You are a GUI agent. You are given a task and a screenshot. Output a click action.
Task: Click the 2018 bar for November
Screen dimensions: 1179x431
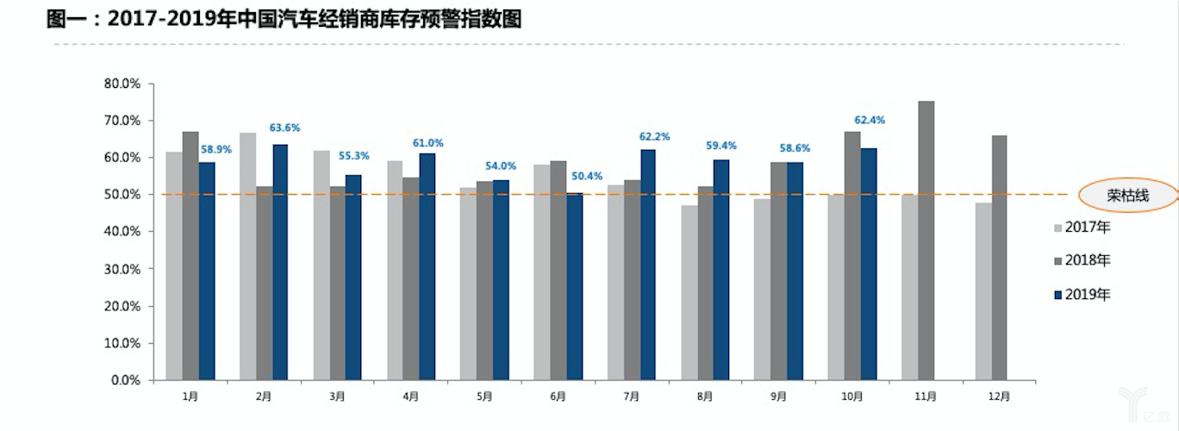(x=926, y=240)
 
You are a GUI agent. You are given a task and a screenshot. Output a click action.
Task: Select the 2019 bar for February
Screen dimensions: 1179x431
(x=280, y=262)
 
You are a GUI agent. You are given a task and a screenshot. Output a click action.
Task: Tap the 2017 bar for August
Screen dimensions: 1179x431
(x=689, y=292)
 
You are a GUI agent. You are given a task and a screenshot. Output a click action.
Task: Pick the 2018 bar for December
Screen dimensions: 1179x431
(x=1000, y=258)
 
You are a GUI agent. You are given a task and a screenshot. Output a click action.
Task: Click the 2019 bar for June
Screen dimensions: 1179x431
(x=575, y=286)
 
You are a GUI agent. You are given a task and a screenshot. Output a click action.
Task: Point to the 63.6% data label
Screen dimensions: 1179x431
(x=284, y=128)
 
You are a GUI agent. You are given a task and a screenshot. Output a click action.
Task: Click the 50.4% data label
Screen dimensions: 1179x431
(x=587, y=177)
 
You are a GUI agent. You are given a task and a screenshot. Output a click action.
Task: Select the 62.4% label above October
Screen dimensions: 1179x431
(x=870, y=121)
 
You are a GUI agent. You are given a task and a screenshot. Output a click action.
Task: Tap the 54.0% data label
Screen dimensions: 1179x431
(x=501, y=166)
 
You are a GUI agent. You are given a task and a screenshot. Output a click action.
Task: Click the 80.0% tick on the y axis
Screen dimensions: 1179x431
(x=122, y=84)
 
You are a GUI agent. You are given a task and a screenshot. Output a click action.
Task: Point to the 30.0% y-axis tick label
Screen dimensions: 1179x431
(x=122, y=270)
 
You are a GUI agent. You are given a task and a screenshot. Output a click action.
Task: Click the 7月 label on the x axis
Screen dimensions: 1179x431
(x=631, y=397)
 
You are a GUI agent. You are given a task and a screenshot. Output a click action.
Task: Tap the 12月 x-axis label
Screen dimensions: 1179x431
(x=999, y=397)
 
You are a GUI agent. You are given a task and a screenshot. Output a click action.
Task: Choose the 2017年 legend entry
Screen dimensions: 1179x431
(x=1082, y=228)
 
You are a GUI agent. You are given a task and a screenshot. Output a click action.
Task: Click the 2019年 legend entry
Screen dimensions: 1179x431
(x=1082, y=295)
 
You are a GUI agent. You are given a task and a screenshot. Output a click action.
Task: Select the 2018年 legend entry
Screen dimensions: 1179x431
(x=1082, y=260)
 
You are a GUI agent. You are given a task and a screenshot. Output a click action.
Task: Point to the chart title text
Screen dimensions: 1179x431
(x=284, y=20)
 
